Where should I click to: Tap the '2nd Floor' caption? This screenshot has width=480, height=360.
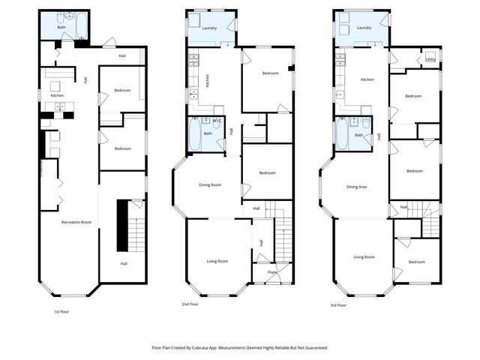pyautogui.click(x=191, y=304)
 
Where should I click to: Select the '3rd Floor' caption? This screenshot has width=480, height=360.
pyautogui.click(x=338, y=305)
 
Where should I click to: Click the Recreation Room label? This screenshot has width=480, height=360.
pyautogui.click(x=76, y=222)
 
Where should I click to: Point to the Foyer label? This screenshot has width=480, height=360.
pyautogui.click(x=272, y=272)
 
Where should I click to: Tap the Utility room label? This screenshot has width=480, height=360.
pyautogui.click(x=430, y=59)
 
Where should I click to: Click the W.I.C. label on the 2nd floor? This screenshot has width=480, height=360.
pyautogui.click(x=217, y=121)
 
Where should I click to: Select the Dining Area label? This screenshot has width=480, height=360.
pyautogui.click(x=356, y=187)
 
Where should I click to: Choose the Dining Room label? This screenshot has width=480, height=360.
pyautogui.click(x=210, y=184)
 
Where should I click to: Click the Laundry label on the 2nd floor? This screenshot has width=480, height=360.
pyautogui.click(x=210, y=28)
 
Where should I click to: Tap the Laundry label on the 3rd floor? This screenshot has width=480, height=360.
pyautogui.click(x=364, y=28)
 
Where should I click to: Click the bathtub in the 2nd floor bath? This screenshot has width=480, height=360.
pyautogui.click(x=193, y=136)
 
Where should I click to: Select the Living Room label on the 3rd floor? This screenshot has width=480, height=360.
pyautogui.click(x=364, y=257)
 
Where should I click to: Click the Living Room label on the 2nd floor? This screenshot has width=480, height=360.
pyautogui.click(x=217, y=261)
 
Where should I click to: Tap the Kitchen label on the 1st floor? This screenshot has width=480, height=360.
pyautogui.click(x=57, y=96)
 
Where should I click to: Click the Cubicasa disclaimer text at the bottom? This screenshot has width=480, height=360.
pyautogui.click(x=240, y=348)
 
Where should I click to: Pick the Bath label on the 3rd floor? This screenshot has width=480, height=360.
pyautogui.click(x=358, y=135)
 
